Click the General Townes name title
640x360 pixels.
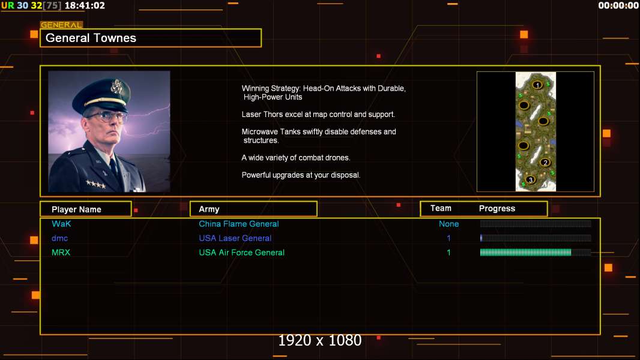[91, 38]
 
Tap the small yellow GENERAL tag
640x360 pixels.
[61, 25]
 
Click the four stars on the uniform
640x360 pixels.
[95, 184]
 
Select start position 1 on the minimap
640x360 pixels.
[537, 85]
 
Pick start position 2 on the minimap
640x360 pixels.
[545, 162]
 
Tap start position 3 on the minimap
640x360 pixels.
[530, 179]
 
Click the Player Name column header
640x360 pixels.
[76, 209]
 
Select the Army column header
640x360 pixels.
[209, 209]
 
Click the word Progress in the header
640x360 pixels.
[497, 208]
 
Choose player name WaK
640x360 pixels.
[61, 224]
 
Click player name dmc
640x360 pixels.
[59, 238]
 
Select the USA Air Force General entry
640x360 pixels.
[241, 253]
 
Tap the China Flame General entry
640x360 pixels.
[239, 224]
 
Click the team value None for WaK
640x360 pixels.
[448, 224]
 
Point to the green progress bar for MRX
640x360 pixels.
[526, 253]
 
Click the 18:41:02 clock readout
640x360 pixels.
[85, 6]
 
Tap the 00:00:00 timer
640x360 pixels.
[618, 6]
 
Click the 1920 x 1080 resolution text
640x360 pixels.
[320, 340]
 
